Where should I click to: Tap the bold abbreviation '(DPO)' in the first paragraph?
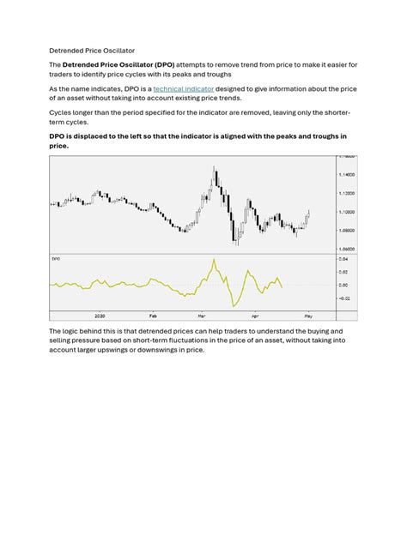click(x=163, y=66)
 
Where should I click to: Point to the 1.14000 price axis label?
click(x=346, y=174)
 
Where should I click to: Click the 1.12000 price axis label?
click(x=346, y=193)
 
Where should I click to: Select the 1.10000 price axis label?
click(x=346, y=212)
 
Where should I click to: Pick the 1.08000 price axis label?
click(x=346, y=231)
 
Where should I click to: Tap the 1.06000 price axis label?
click(x=346, y=249)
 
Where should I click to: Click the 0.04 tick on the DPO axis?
click(x=343, y=258)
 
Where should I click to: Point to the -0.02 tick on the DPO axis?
click(x=343, y=298)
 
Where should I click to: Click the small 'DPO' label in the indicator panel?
click(x=56, y=257)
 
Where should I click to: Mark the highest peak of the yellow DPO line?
click(x=213, y=259)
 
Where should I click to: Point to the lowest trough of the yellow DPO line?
click(x=233, y=306)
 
